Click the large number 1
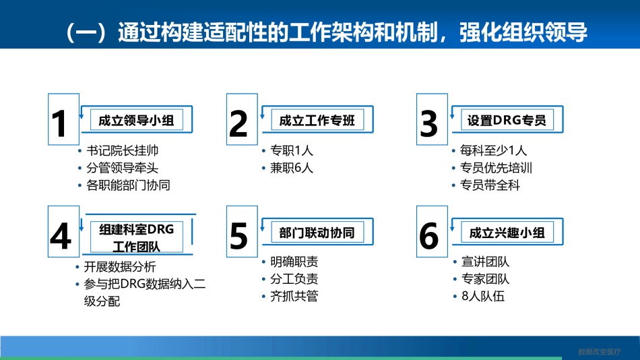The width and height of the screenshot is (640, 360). point(59,123)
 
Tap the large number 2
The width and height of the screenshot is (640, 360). point(238,123)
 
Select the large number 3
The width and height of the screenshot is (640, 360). point(428,123)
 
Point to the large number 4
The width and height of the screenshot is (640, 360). point(61,236)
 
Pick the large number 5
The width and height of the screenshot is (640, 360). point(238,236)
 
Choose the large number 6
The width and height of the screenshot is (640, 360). point(429,236)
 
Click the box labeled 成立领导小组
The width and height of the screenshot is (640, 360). point(136,120)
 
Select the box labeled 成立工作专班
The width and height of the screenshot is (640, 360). point(317,120)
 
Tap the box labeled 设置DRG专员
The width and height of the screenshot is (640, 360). point(507,120)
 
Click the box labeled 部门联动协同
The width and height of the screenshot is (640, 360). point(317,232)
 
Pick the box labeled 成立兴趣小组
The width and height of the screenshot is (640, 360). point(507,232)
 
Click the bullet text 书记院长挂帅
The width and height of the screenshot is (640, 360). point(122,151)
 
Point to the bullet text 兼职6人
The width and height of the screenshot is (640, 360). point(292,168)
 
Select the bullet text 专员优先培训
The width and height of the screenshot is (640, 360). point(496,168)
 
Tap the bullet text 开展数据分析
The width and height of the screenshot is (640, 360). point(120,267)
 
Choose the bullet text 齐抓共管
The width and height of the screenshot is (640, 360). point(294,296)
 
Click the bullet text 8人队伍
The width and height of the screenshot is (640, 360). point(483,296)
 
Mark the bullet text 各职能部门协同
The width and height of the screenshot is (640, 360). point(128,185)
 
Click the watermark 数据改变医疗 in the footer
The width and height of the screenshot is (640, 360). point(600,351)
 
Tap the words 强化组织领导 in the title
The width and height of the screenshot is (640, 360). point(523,32)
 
